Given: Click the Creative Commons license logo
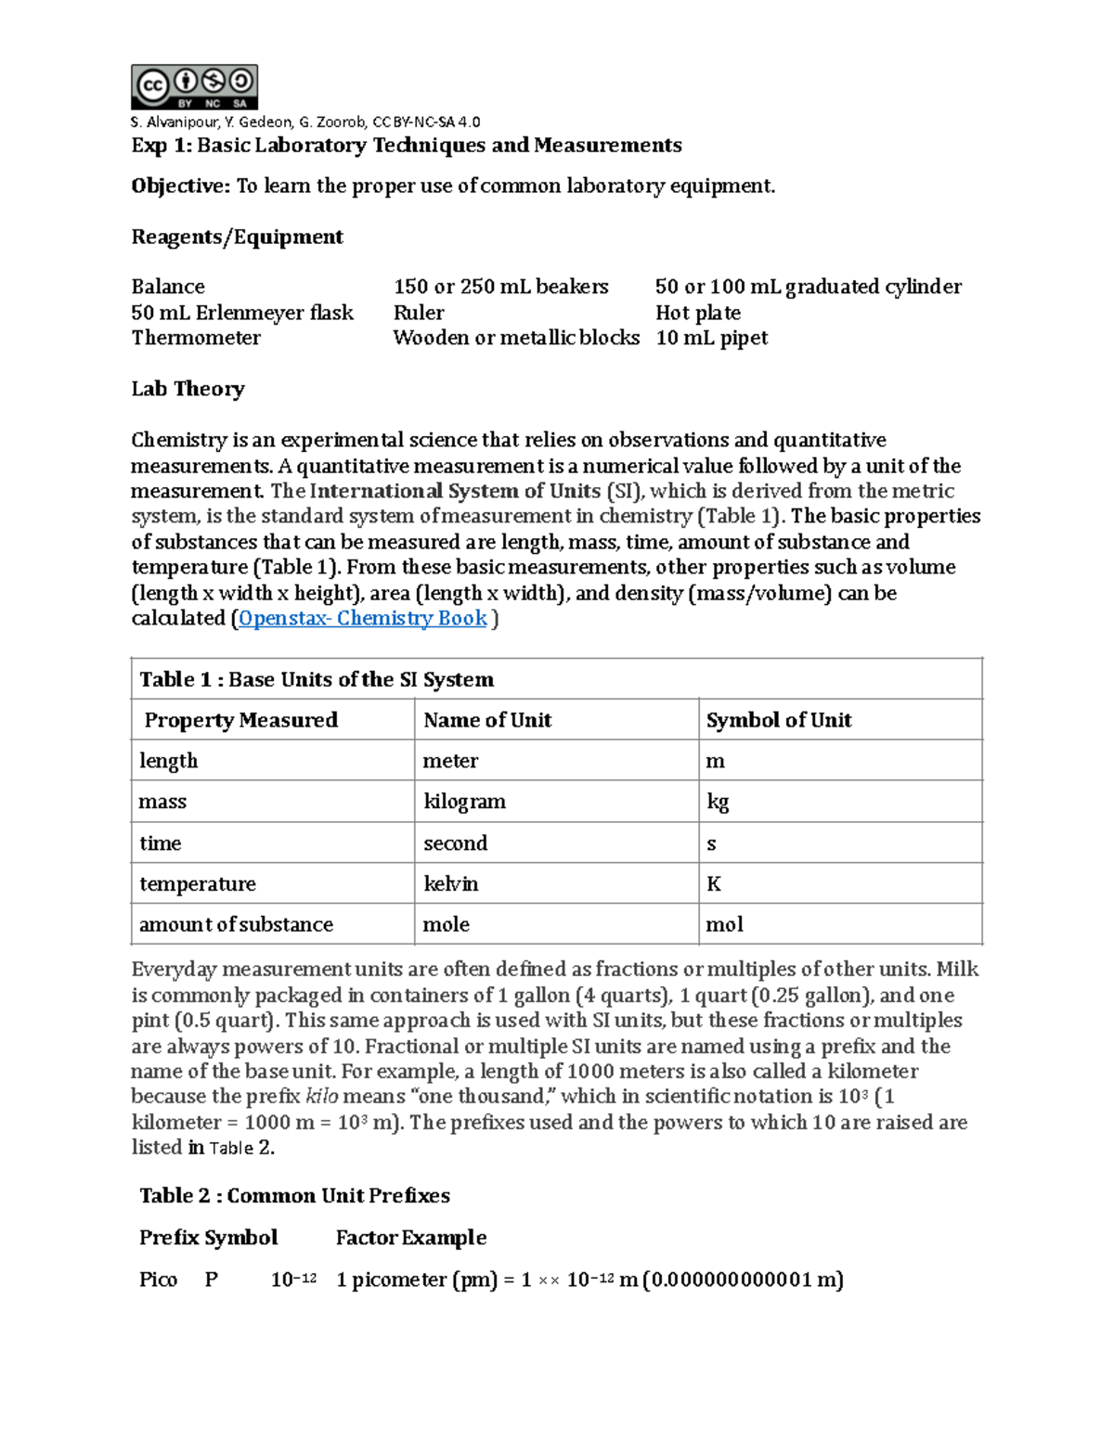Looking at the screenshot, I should point(194,87).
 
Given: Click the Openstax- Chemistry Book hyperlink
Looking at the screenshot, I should point(362,619).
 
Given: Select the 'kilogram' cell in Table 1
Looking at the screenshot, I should point(464,802).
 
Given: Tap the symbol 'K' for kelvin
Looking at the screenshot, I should point(713,884).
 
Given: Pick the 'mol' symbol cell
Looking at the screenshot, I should point(724,925).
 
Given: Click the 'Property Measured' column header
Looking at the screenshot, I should point(240,720).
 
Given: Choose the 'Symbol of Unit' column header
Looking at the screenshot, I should point(778,720).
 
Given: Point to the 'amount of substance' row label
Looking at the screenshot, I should point(236,925).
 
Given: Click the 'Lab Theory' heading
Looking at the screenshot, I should point(188,389).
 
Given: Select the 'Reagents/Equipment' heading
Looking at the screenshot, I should point(237,238).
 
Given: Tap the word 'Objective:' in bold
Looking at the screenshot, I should point(180,187).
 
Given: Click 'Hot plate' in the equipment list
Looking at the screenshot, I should point(697,313).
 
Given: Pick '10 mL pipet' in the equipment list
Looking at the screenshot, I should point(711,338).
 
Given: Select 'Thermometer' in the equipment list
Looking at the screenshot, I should point(196,338).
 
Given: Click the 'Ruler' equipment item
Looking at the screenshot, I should point(419,313).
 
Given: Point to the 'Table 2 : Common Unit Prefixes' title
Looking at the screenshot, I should point(294,1196).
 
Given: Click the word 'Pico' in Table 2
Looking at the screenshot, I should point(158,1280).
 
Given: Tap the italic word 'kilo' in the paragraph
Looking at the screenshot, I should point(321,1097).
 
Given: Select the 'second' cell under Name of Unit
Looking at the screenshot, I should point(455,843).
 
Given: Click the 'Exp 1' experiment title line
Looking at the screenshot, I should point(406,146).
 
